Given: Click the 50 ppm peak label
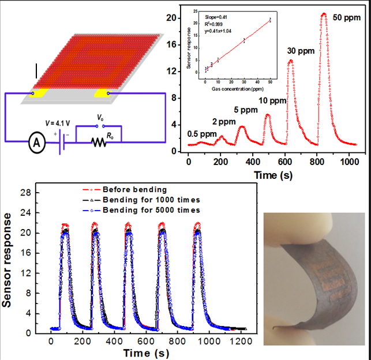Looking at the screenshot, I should point(348,17).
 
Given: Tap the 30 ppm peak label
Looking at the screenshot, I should point(302,51).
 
